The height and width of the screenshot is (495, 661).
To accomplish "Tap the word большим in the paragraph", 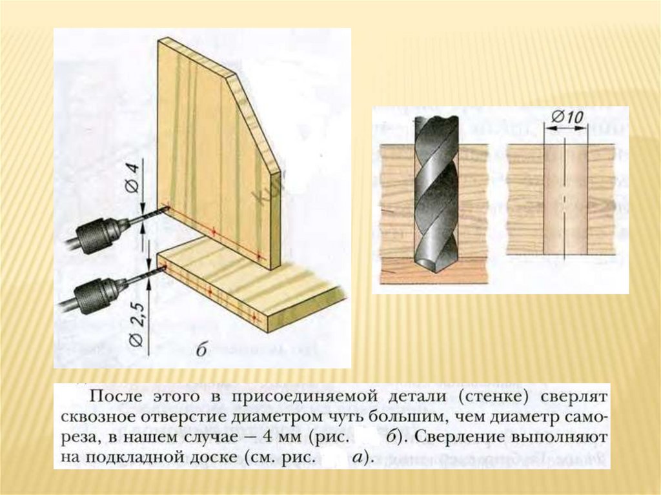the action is point(420,417).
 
